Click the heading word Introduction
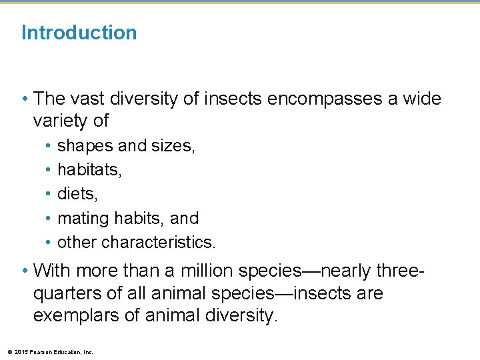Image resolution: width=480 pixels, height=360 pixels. pyautogui.click(x=79, y=33)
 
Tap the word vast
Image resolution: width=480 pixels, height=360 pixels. pyautogui.click(x=83, y=99)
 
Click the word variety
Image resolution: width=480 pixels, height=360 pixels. pyautogui.click(x=61, y=121)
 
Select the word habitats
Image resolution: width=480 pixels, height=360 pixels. pyautogui.click(x=89, y=169)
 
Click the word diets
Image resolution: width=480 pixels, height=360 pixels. pyautogui.click(x=75, y=193)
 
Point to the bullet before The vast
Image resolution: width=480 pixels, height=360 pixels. pyautogui.click(x=25, y=99)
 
